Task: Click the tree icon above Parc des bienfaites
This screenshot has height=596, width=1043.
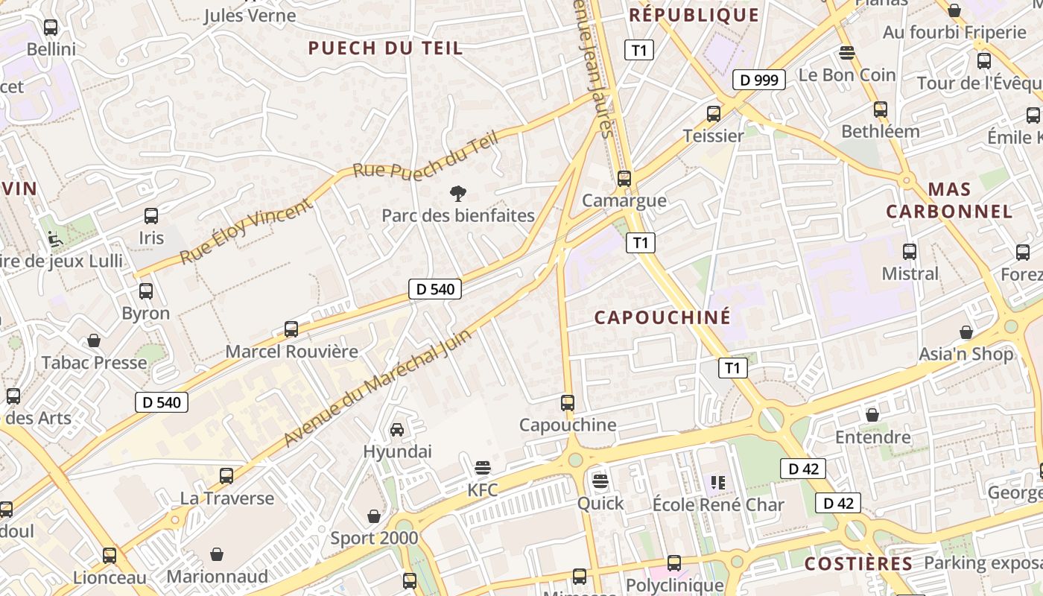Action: pos(458,194)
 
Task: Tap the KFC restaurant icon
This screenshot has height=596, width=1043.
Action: pos(483,468)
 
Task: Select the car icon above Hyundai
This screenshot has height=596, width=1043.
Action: pos(397,430)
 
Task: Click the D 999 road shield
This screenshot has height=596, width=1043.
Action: pos(759,80)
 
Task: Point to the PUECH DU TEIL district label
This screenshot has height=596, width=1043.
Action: pos(385,48)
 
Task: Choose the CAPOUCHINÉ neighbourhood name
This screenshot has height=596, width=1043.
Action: pos(662,317)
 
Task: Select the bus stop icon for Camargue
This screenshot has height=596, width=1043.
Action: pos(624,179)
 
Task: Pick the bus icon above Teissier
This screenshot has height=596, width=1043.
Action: pos(714,114)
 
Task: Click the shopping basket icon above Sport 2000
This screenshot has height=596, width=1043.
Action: pos(374,516)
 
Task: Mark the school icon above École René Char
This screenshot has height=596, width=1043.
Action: pos(717,483)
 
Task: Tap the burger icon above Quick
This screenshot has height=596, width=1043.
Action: pos(600,481)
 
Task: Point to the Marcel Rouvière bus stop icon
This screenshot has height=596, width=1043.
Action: pos(291,329)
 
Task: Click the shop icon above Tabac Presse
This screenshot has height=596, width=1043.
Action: pos(94,341)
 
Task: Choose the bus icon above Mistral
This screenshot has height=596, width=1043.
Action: pos(910,252)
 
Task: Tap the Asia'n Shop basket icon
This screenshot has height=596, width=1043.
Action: pos(966,332)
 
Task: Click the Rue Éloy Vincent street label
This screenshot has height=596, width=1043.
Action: pos(246,231)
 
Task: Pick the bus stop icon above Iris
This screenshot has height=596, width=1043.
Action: pos(151,217)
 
